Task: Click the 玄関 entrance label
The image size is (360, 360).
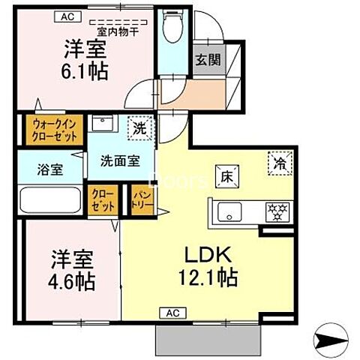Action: pos(208,61)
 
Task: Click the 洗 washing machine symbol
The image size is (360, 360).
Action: pos(139,128)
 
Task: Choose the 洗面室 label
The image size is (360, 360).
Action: pos(120,159)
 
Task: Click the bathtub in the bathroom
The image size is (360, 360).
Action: pos(50,200)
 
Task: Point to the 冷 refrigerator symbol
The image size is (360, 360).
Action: pos(278,162)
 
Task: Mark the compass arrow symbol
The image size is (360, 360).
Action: pos(331,342)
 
